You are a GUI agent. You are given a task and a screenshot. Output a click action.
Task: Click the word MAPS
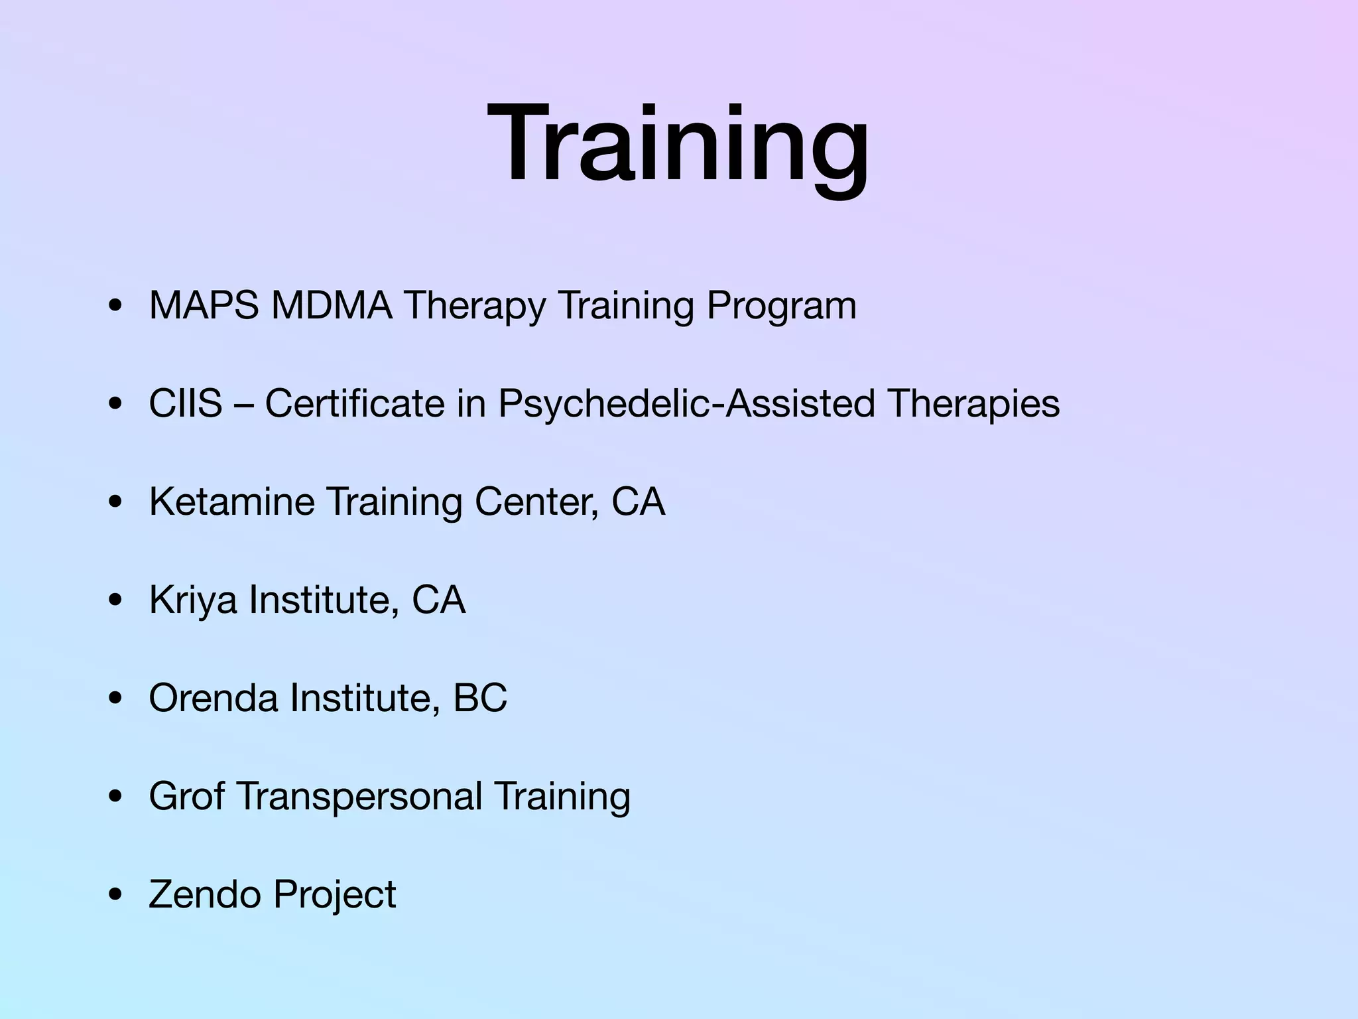(204, 306)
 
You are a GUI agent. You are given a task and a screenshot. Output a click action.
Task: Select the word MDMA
(331, 306)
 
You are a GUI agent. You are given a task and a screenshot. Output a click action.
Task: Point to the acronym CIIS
(186, 403)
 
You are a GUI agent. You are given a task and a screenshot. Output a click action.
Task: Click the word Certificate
(355, 403)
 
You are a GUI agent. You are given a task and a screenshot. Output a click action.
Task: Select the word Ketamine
(231, 502)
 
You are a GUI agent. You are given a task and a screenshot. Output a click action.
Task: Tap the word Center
(536, 502)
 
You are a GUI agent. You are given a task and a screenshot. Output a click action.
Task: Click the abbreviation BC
(480, 698)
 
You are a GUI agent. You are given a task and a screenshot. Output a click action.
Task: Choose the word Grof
(186, 796)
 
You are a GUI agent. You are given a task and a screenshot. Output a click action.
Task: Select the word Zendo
(205, 894)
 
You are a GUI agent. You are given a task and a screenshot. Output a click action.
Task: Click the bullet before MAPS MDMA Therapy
(116, 306)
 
